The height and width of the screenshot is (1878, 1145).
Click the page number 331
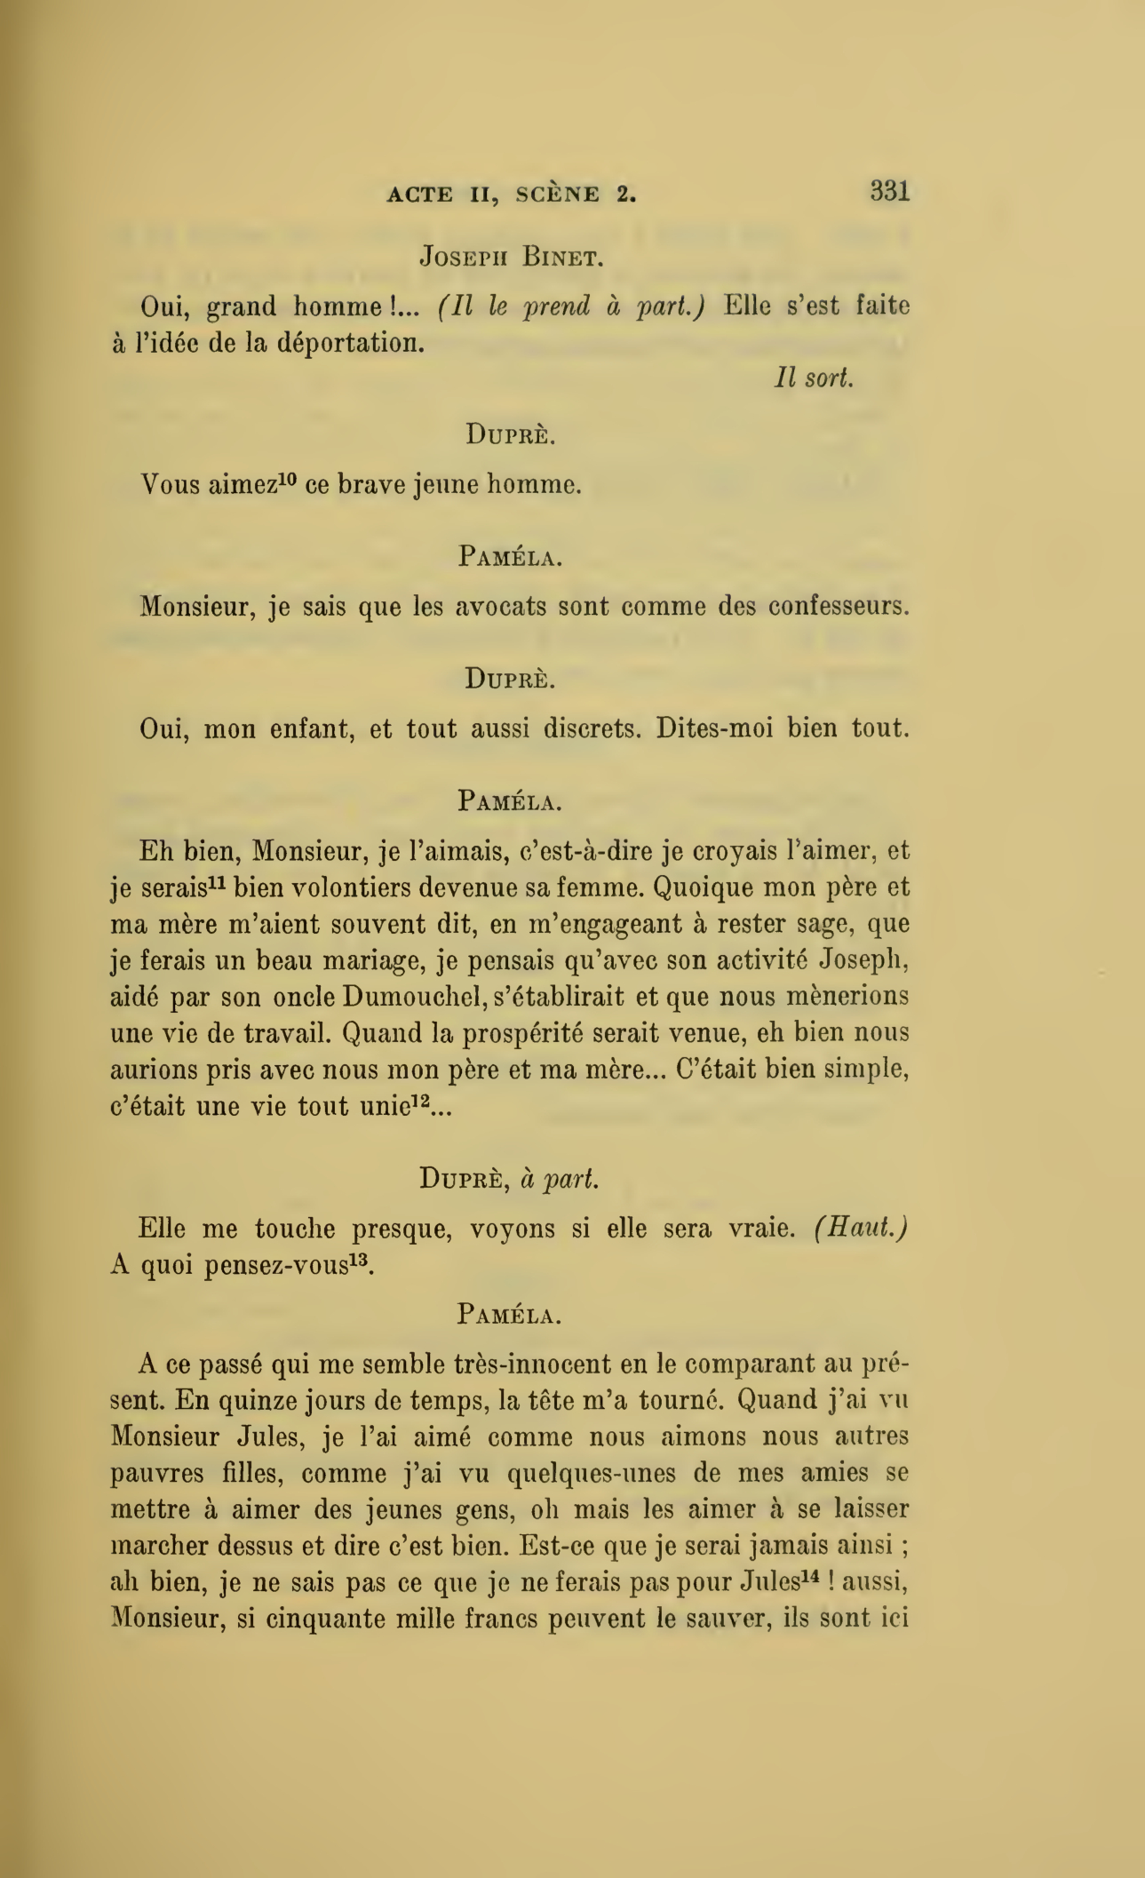coord(890,191)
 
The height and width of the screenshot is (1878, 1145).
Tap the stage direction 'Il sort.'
coord(814,378)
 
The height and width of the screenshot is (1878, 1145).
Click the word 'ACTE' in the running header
coord(420,195)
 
